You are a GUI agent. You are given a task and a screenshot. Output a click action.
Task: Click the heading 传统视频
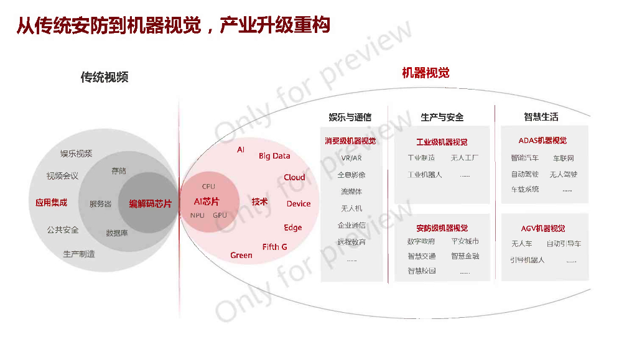pos(104,77)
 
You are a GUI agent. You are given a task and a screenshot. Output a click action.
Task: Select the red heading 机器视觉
pos(425,73)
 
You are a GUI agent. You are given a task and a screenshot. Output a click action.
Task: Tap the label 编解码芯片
pos(150,203)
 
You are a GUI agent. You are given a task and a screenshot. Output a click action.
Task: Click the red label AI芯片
pos(206,201)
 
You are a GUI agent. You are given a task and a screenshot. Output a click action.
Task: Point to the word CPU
pos(208,187)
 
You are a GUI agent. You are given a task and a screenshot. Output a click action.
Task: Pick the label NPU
pos(197,215)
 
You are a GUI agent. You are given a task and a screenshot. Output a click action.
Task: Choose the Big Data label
pos(274,156)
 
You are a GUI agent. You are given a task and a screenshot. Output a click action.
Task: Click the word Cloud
pos(294,177)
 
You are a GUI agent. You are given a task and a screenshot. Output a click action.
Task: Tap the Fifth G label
pos(274,247)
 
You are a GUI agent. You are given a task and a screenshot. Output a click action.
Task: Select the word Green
pos(241,255)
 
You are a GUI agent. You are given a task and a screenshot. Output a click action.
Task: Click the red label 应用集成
pos(51,202)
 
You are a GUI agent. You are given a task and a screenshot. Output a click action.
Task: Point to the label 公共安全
pos(63,229)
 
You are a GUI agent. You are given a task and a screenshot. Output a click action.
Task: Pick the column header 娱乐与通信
pos(350,117)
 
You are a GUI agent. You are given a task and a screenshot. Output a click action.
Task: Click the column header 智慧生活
pos(541,116)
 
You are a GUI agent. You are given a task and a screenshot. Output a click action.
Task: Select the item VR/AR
pos(351,158)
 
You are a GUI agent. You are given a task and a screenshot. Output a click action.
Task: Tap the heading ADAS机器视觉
pos(542,141)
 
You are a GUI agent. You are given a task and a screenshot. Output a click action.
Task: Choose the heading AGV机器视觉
pos(543,228)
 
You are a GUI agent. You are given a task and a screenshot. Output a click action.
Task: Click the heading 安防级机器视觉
pos(442,228)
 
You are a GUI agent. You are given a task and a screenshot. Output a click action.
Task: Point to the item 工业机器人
pos(424,175)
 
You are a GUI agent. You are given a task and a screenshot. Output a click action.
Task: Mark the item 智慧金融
pos(465,256)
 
